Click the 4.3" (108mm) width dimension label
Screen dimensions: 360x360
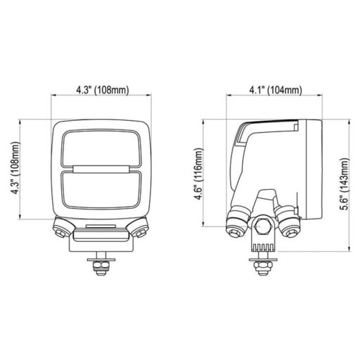[x=103, y=91]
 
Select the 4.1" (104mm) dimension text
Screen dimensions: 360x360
[x=276, y=91]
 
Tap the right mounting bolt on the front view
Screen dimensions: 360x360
[x=141, y=228]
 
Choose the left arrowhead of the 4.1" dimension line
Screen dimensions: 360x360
[x=227, y=99]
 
